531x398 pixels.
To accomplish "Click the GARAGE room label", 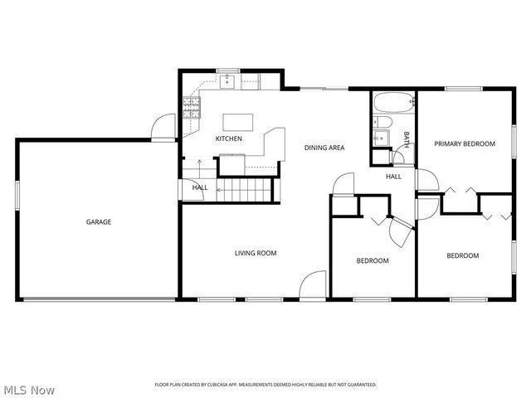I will pos(99,221).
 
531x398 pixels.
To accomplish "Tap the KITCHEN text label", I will pos(229,138).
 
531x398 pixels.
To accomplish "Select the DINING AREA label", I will pos(324,148).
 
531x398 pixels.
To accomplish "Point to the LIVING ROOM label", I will pos(255,253).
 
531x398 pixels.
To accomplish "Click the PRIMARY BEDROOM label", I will pos(465,143).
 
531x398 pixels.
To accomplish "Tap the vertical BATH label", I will pos(407,138).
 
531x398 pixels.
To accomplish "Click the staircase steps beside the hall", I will pos(246,191).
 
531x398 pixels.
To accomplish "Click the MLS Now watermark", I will pos(28,389).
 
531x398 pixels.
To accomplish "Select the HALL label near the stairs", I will pos(200,187).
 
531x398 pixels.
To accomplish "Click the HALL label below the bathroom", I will pos(393,176).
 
